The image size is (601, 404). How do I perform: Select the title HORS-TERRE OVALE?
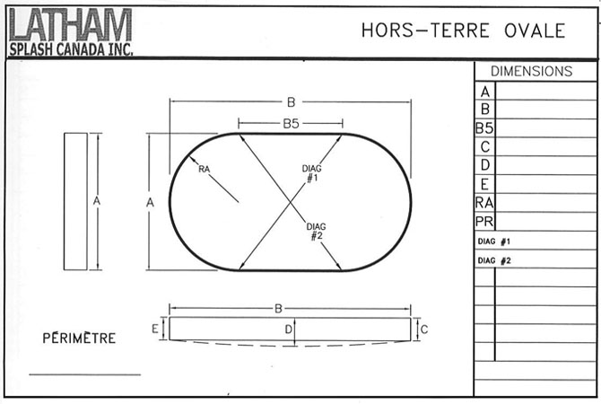(463, 31)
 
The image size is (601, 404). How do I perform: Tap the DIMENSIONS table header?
(531, 71)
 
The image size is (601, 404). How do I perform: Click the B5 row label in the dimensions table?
(484, 128)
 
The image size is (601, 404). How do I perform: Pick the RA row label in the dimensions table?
(484, 203)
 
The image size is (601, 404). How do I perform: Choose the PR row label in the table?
(484, 222)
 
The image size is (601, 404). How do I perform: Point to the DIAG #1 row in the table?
(495, 242)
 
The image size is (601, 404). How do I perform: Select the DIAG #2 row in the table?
(495, 260)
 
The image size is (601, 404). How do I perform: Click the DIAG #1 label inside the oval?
(311, 173)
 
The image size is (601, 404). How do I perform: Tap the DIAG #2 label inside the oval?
(316, 231)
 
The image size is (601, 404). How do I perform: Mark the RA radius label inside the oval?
(204, 168)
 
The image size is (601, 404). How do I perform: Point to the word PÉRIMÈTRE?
(79, 338)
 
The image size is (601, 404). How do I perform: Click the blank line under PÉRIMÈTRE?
(84, 373)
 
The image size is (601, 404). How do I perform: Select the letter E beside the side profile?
(156, 329)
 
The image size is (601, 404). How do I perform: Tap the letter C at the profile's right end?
(424, 329)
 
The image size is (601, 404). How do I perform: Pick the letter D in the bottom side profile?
(287, 330)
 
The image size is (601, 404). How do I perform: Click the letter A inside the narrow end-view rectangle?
(96, 201)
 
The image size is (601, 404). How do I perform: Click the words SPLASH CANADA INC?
(70, 49)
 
